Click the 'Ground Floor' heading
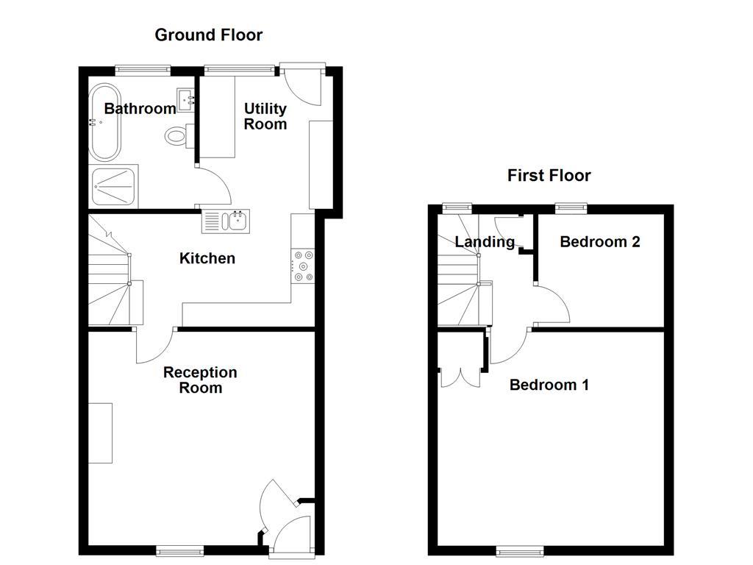pyautogui.click(x=208, y=35)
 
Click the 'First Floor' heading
pyautogui.click(x=549, y=175)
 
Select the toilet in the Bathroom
pyautogui.click(x=178, y=135)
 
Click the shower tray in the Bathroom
pyautogui.click(x=113, y=187)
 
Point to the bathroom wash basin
pyautogui.click(x=185, y=99)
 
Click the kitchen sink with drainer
pyautogui.click(x=227, y=221)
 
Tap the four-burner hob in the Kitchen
pyautogui.click(x=303, y=266)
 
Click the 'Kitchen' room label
pyautogui.click(x=207, y=258)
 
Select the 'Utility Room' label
pyautogui.click(x=265, y=116)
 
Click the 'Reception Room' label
pyautogui.click(x=200, y=380)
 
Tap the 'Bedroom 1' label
pyautogui.click(x=549, y=385)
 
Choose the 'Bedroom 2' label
pyautogui.click(x=599, y=241)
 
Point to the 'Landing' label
pyautogui.click(x=485, y=241)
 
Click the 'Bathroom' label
pyautogui.click(x=140, y=109)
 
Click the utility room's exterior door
pyautogui.click(x=302, y=82)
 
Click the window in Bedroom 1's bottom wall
pyautogui.click(x=520, y=550)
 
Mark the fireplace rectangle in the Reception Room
pyautogui.click(x=101, y=433)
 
